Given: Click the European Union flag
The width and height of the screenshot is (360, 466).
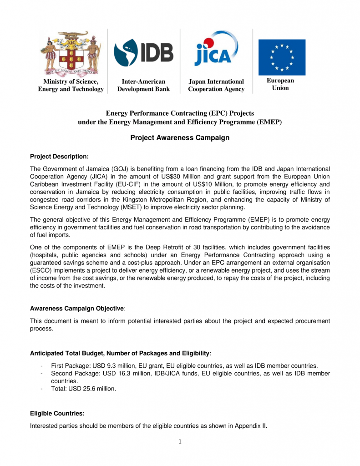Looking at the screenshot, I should pos(282,57).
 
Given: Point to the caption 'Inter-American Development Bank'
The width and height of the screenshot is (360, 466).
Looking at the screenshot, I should pos(143,86).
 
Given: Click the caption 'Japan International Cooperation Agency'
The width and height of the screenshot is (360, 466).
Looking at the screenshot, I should pos(216,86).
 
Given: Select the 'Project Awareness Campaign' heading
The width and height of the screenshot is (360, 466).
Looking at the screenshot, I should pos(180,137).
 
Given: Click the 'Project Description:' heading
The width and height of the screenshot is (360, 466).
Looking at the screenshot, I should pos(59,157).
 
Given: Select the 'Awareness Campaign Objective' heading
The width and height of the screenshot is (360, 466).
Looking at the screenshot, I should pos(76,309).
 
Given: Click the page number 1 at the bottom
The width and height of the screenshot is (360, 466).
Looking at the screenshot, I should pos(180,441).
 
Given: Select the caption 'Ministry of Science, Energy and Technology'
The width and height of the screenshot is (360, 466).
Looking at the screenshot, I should pos(71,86).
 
